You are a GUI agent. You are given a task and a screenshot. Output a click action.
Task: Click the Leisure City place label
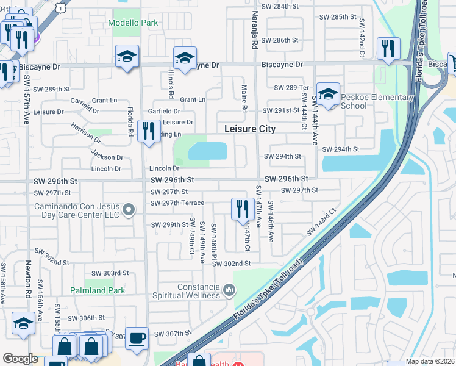point(250,129)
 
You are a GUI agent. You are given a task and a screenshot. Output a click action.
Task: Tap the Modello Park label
point(133,23)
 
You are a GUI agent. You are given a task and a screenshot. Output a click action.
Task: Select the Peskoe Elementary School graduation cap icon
point(328,95)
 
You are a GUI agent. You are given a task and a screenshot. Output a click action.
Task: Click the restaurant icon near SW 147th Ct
point(243,209)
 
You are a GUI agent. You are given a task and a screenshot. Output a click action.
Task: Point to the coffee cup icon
point(137,337)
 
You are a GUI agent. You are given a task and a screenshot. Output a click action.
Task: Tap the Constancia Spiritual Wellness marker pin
point(228,289)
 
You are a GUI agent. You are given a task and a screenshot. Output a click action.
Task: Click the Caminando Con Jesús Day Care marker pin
point(129,210)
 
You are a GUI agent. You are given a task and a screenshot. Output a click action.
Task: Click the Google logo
point(20,359)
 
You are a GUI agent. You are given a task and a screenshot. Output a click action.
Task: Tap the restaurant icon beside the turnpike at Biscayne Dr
point(388,48)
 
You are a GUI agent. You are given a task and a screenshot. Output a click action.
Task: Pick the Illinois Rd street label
point(171,85)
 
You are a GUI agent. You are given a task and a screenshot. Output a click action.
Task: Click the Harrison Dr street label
point(85,132)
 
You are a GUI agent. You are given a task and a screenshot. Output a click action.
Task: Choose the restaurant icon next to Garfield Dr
point(148,131)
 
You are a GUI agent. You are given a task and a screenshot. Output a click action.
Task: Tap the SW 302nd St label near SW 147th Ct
point(232,263)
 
